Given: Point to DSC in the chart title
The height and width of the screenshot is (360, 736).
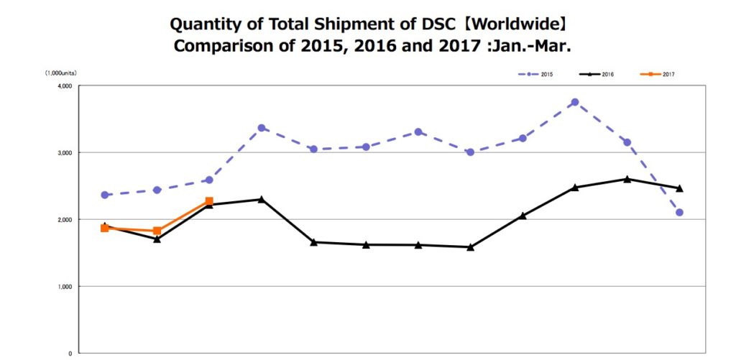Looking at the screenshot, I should click(438, 24).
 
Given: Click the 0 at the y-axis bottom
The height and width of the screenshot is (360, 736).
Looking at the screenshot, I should click(70, 353).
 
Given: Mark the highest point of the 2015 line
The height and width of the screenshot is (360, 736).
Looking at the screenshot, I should click(575, 103).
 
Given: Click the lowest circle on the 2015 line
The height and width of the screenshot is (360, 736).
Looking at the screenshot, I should click(679, 213).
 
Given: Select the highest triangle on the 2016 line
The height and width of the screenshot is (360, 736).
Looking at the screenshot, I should click(627, 179).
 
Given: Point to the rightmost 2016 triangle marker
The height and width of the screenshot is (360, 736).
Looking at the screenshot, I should click(679, 188).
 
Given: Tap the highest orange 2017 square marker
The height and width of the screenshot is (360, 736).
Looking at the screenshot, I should click(209, 201).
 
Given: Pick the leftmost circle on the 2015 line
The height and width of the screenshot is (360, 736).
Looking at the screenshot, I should click(105, 195).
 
